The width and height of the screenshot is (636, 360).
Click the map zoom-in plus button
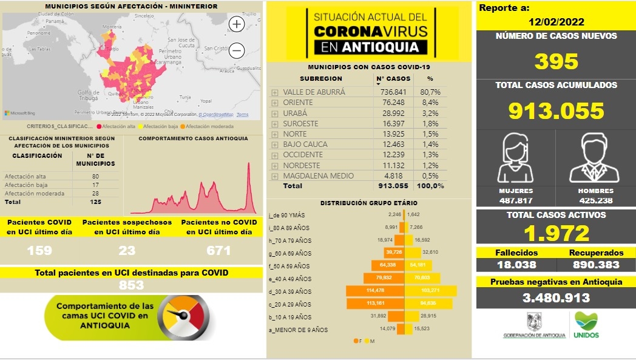237,24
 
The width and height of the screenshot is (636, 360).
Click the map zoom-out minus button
237,50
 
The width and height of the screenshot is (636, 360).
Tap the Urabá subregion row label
295,113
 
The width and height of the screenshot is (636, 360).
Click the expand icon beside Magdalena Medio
274,176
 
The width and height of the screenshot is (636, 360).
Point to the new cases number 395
556,61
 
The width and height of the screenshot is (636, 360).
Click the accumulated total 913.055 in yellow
556,110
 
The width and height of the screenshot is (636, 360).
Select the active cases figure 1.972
556,233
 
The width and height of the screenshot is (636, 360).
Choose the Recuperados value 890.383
597,265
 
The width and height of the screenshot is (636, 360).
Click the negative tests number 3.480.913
556,297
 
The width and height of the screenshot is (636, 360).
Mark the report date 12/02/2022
556,22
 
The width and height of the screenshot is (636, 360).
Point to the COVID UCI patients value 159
39,250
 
